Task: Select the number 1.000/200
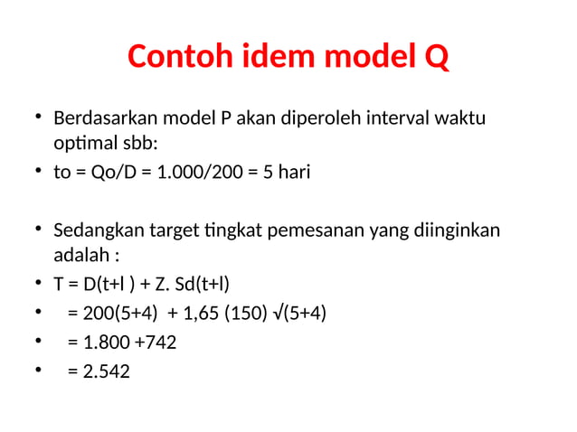198,172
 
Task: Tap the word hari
292,172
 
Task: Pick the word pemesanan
322,230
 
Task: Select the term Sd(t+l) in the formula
205,284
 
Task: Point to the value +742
158,342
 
